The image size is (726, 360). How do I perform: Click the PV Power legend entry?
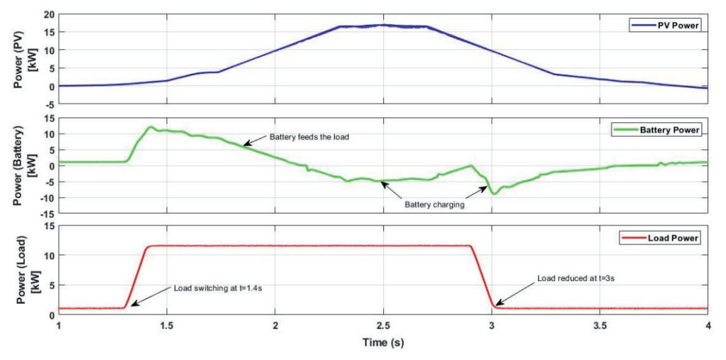[x=665, y=26]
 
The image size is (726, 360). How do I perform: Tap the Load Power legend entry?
[x=663, y=237]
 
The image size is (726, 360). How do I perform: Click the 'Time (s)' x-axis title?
[x=383, y=342]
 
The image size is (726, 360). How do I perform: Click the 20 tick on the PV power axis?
[x=48, y=14]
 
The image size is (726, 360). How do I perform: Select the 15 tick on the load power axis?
[x=48, y=227]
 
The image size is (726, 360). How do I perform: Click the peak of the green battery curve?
[x=150, y=128]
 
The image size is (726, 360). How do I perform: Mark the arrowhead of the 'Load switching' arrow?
[x=131, y=305]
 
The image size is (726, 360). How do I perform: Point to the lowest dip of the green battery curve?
[x=493, y=192]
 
